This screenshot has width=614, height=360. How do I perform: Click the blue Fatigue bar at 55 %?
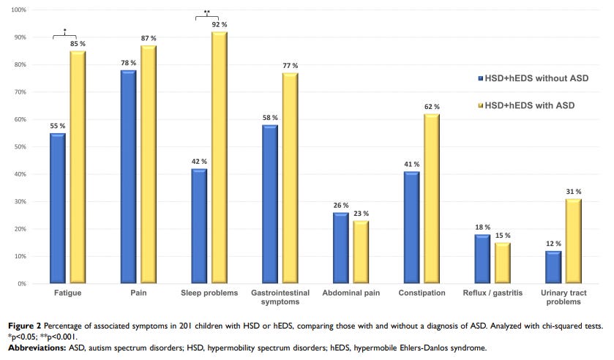tap(58, 209)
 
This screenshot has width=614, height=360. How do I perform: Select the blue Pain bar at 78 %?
tap(129, 177)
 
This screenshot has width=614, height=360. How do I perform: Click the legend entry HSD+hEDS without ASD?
tap(536, 78)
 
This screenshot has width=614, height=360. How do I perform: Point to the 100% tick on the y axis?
tap(20, 10)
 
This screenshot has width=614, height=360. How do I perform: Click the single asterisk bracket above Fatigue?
tap(65, 34)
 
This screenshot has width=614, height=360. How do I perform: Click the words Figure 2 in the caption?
tap(23, 324)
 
